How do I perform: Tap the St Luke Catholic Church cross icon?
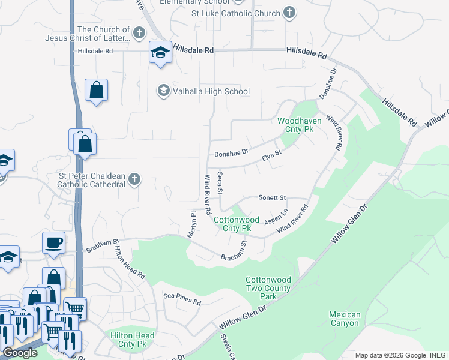(x=289, y=13)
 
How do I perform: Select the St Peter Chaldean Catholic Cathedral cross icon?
(x=135, y=179)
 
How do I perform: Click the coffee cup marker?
(x=54, y=243)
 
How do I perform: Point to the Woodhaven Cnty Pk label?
(x=299, y=125)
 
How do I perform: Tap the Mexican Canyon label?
(x=345, y=319)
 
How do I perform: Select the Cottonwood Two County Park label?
(x=268, y=289)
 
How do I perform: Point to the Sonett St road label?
(x=273, y=197)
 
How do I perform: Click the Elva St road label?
(x=271, y=157)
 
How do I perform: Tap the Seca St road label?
(x=220, y=184)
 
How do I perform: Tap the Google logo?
(x=20, y=353)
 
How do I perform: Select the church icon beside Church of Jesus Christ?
(x=139, y=33)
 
